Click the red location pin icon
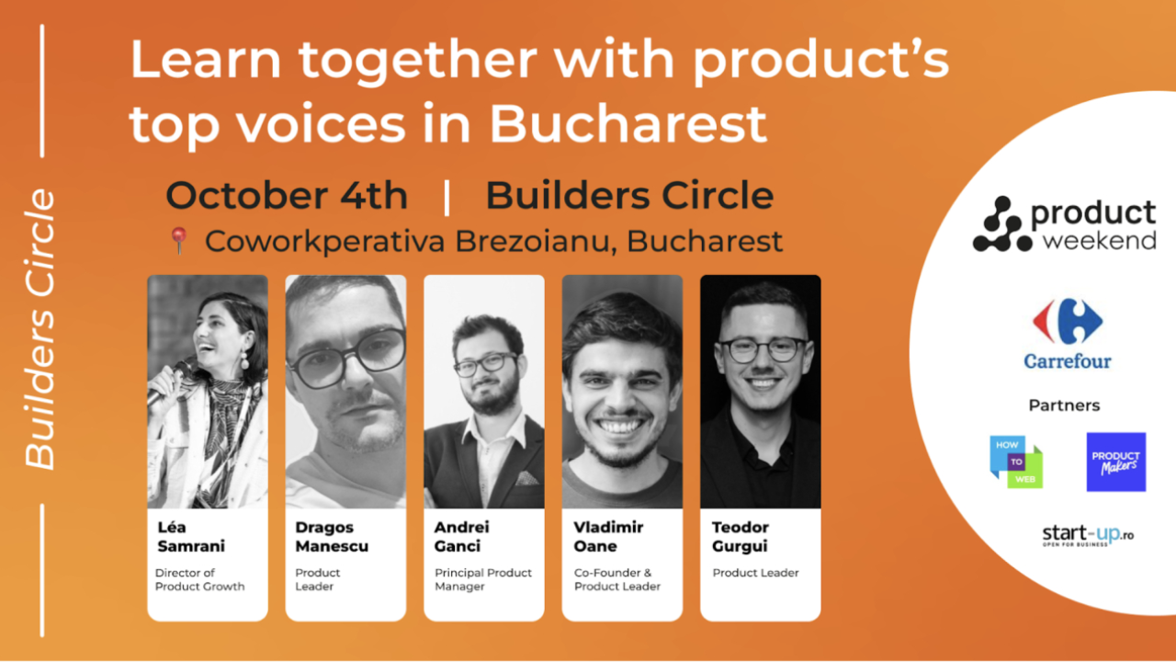coord(178,240)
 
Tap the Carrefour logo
coord(1068,333)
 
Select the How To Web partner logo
coord(1016,462)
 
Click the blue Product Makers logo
coord(1115,462)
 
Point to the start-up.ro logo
coord(1088,535)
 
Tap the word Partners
coord(1064,405)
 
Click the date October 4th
coord(287,196)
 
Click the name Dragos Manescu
coord(332,537)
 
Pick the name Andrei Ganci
coord(461,537)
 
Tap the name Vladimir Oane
coord(608,537)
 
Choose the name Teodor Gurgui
coord(741,537)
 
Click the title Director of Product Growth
coord(199,579)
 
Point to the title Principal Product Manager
coord(483,579)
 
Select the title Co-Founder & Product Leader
coord(617,579)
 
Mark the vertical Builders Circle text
coord(40,329)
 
